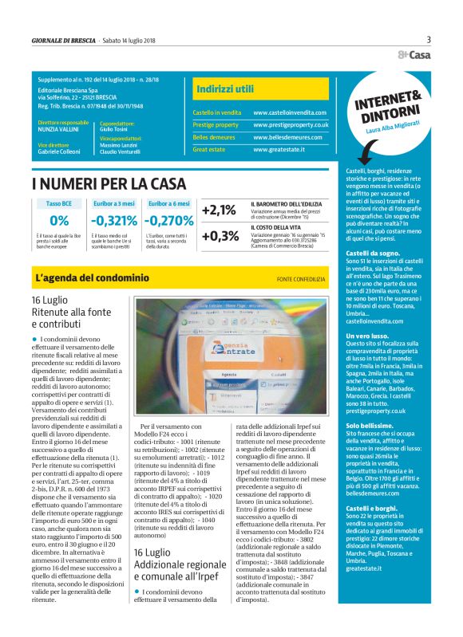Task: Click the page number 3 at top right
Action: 429,40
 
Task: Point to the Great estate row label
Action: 210,149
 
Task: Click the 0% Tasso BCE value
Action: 58,220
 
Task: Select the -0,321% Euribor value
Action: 114,220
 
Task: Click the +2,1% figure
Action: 219,210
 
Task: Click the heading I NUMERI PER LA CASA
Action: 109,183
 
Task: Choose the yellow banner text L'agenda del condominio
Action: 93,278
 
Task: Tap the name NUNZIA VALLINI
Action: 59,130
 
